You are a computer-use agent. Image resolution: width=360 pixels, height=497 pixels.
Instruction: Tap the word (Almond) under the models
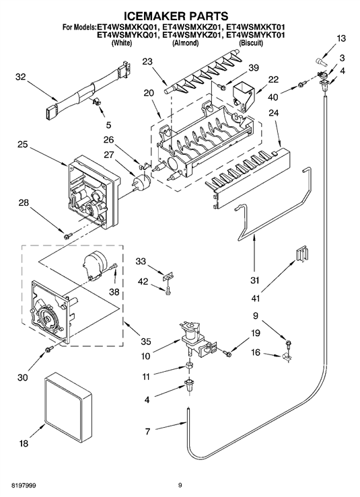tap(185, 43)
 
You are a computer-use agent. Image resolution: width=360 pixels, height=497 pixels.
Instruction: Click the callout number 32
tap(21, 77)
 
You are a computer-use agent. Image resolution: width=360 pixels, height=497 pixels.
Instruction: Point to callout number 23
tap(147, 61)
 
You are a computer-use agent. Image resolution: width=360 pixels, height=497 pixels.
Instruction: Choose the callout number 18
tap(24, 443)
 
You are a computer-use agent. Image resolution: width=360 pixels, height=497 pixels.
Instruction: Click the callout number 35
tap(146, 342)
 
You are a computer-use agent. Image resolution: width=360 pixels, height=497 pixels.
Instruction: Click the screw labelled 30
tap(49, 350)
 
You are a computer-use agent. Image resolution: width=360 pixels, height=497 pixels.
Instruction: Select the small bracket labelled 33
tap(168, 276)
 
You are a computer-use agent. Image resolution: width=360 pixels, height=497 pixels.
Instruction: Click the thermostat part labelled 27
tap(141, 183)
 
